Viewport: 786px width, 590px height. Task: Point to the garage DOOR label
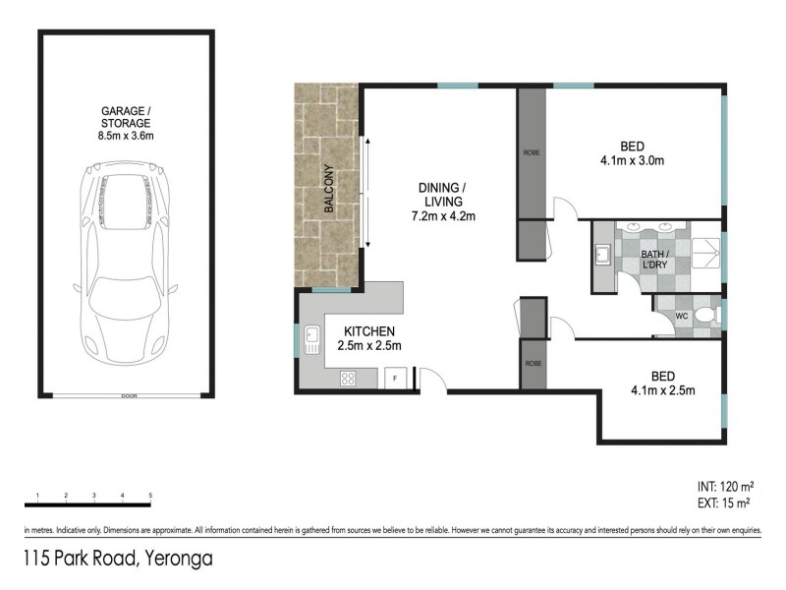(127, 396)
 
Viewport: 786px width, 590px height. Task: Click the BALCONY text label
(330, 190)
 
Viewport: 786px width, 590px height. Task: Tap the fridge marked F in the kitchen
(395, 378)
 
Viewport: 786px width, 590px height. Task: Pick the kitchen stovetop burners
(348, 378)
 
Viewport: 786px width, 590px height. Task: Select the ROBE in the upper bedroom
(532, 153)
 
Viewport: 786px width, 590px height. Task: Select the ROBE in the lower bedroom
(533, 363)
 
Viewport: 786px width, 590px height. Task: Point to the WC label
(681, 317)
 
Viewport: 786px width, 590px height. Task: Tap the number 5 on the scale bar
(150, 495)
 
